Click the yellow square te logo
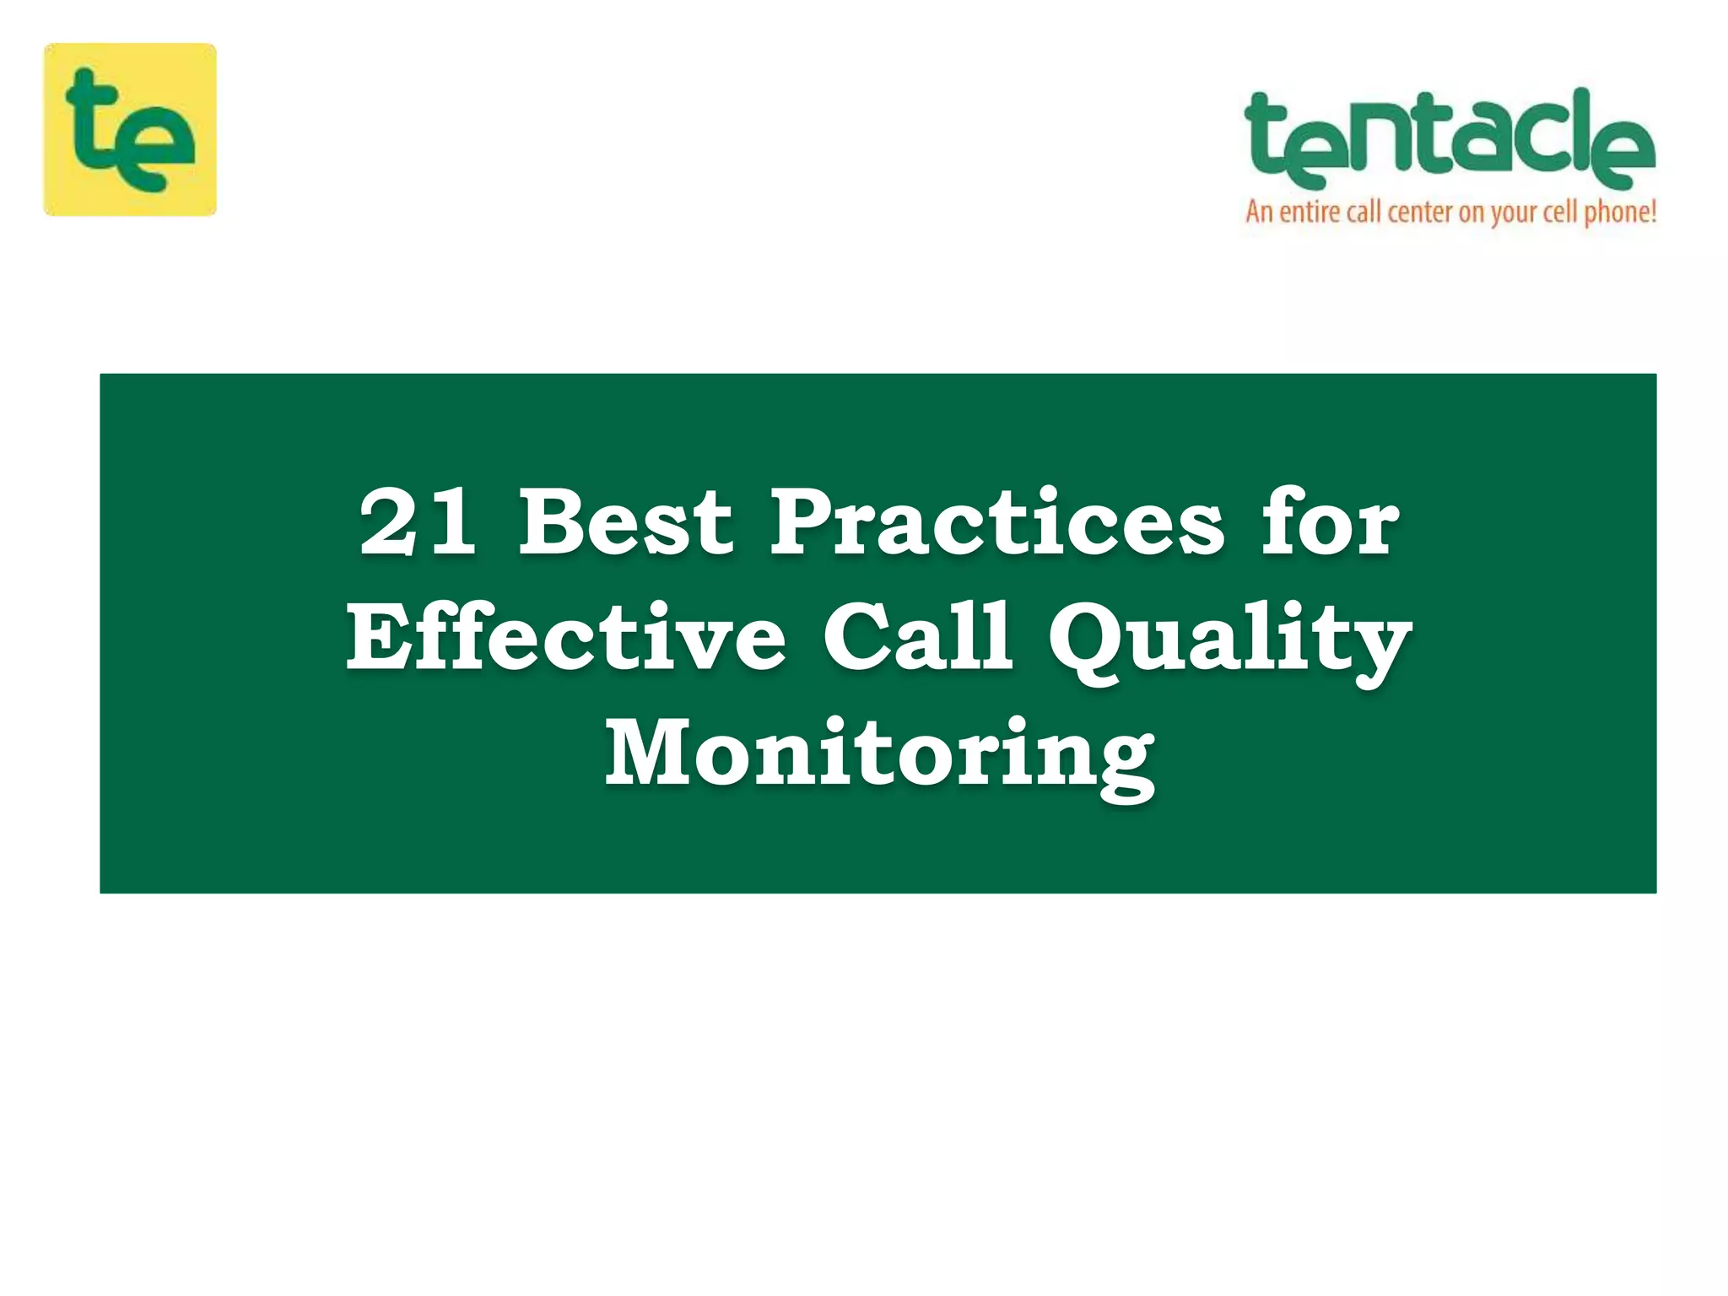tap(130, 129)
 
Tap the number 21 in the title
tap(417, 523)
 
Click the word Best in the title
tap(625, 523)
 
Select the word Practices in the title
tap(996, 523)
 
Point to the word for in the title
tap(1330, 523)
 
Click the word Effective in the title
tap(566, 639)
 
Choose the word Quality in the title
tap(1229, 641)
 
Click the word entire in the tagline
tap(1309, 211)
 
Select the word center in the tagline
tap(1420, 211)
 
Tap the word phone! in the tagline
tap(1620, 212)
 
